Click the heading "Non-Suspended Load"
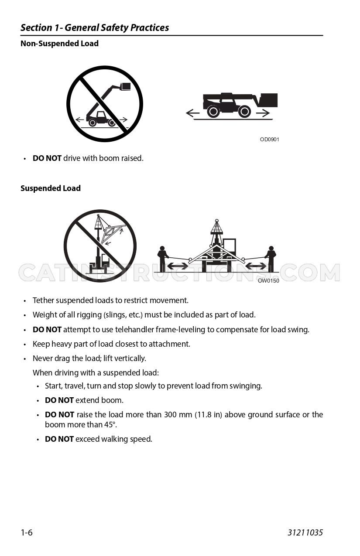(x=59, y=44)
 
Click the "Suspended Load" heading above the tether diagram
(x=51, y=188)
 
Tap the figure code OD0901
(x=270, y=140)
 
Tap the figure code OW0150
(x=268, y=281)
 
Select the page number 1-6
(x=27, y=532)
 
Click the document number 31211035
(x=305, y=532)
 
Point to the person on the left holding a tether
(x=162, y=259)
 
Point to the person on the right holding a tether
(x=271, y=259)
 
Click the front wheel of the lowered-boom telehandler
(x=244, y=112)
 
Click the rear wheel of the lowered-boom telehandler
(x=213, y=112)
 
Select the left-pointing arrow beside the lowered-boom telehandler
(x=193, y=113)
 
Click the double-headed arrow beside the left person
(x=178, y=266)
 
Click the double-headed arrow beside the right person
(x=256, y=266)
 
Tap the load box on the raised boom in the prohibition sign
(x=125, y=86)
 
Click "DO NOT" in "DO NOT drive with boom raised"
(x=47, y=158)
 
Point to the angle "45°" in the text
(x=110, y=425)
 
